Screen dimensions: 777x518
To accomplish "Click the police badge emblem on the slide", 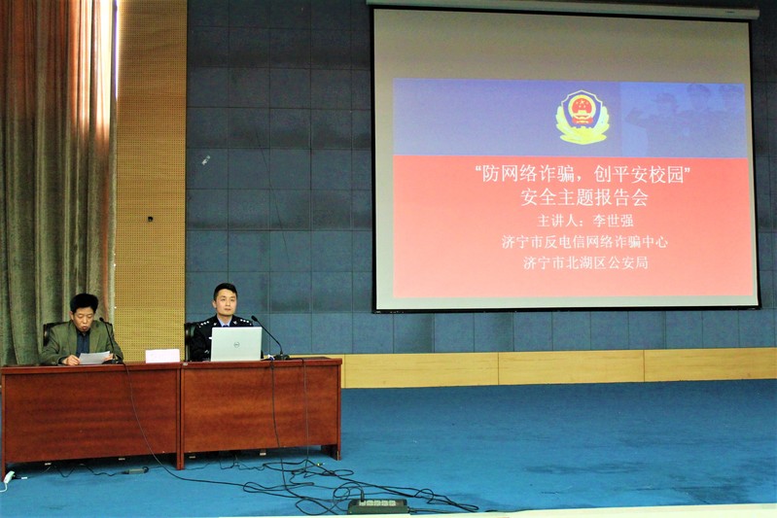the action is point(583,117).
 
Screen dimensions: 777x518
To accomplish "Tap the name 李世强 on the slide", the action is point(614,221).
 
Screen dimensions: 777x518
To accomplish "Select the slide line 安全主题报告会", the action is point(584,197).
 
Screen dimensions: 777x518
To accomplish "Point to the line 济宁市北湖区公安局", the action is point(585,262).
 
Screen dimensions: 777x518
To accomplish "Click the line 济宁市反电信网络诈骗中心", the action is point(584,242).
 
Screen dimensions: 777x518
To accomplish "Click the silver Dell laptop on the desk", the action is point(236,344).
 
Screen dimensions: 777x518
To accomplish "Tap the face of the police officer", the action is point(226,301).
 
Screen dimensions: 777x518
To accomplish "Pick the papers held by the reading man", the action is point(94,358).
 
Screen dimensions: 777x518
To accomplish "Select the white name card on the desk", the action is point(162,356).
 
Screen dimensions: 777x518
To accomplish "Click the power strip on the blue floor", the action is point(377,505).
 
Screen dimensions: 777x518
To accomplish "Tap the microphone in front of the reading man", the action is point(111,340).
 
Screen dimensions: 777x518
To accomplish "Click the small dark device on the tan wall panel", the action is point(150,219).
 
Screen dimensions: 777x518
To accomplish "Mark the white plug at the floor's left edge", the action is point(9,477).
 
